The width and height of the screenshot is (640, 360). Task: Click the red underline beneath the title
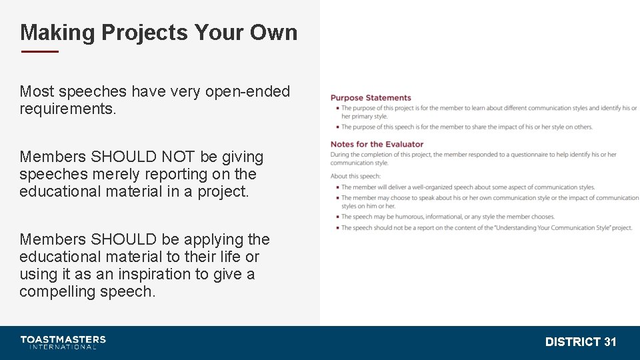point(40,51)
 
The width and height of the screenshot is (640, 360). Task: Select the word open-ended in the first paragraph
point(248,91)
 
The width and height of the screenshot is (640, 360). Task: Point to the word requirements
point(67,109)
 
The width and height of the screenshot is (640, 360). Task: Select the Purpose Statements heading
point(371,98)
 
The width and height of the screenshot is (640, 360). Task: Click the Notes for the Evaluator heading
point(377,144)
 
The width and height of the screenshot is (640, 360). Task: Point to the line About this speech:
point(355,176)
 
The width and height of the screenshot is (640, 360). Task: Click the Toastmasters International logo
point(63,342)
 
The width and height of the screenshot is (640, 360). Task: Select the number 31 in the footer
point(610,342)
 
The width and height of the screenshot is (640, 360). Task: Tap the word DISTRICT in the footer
point(573,342)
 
